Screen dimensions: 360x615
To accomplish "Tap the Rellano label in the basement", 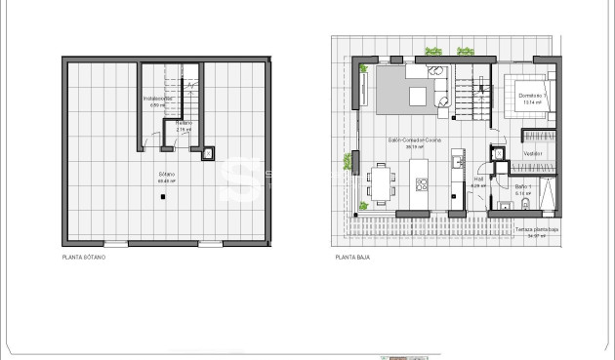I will point(184,125).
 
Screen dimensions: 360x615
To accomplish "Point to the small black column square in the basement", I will point(163,196).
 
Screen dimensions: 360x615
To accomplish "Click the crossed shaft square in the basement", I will point(207,152).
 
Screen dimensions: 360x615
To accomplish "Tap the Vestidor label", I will point(532,154).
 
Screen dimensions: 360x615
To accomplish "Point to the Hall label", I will point(479,180).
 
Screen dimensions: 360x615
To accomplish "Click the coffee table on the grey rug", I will point(419,95).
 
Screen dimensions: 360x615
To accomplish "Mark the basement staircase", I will point(185,88).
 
